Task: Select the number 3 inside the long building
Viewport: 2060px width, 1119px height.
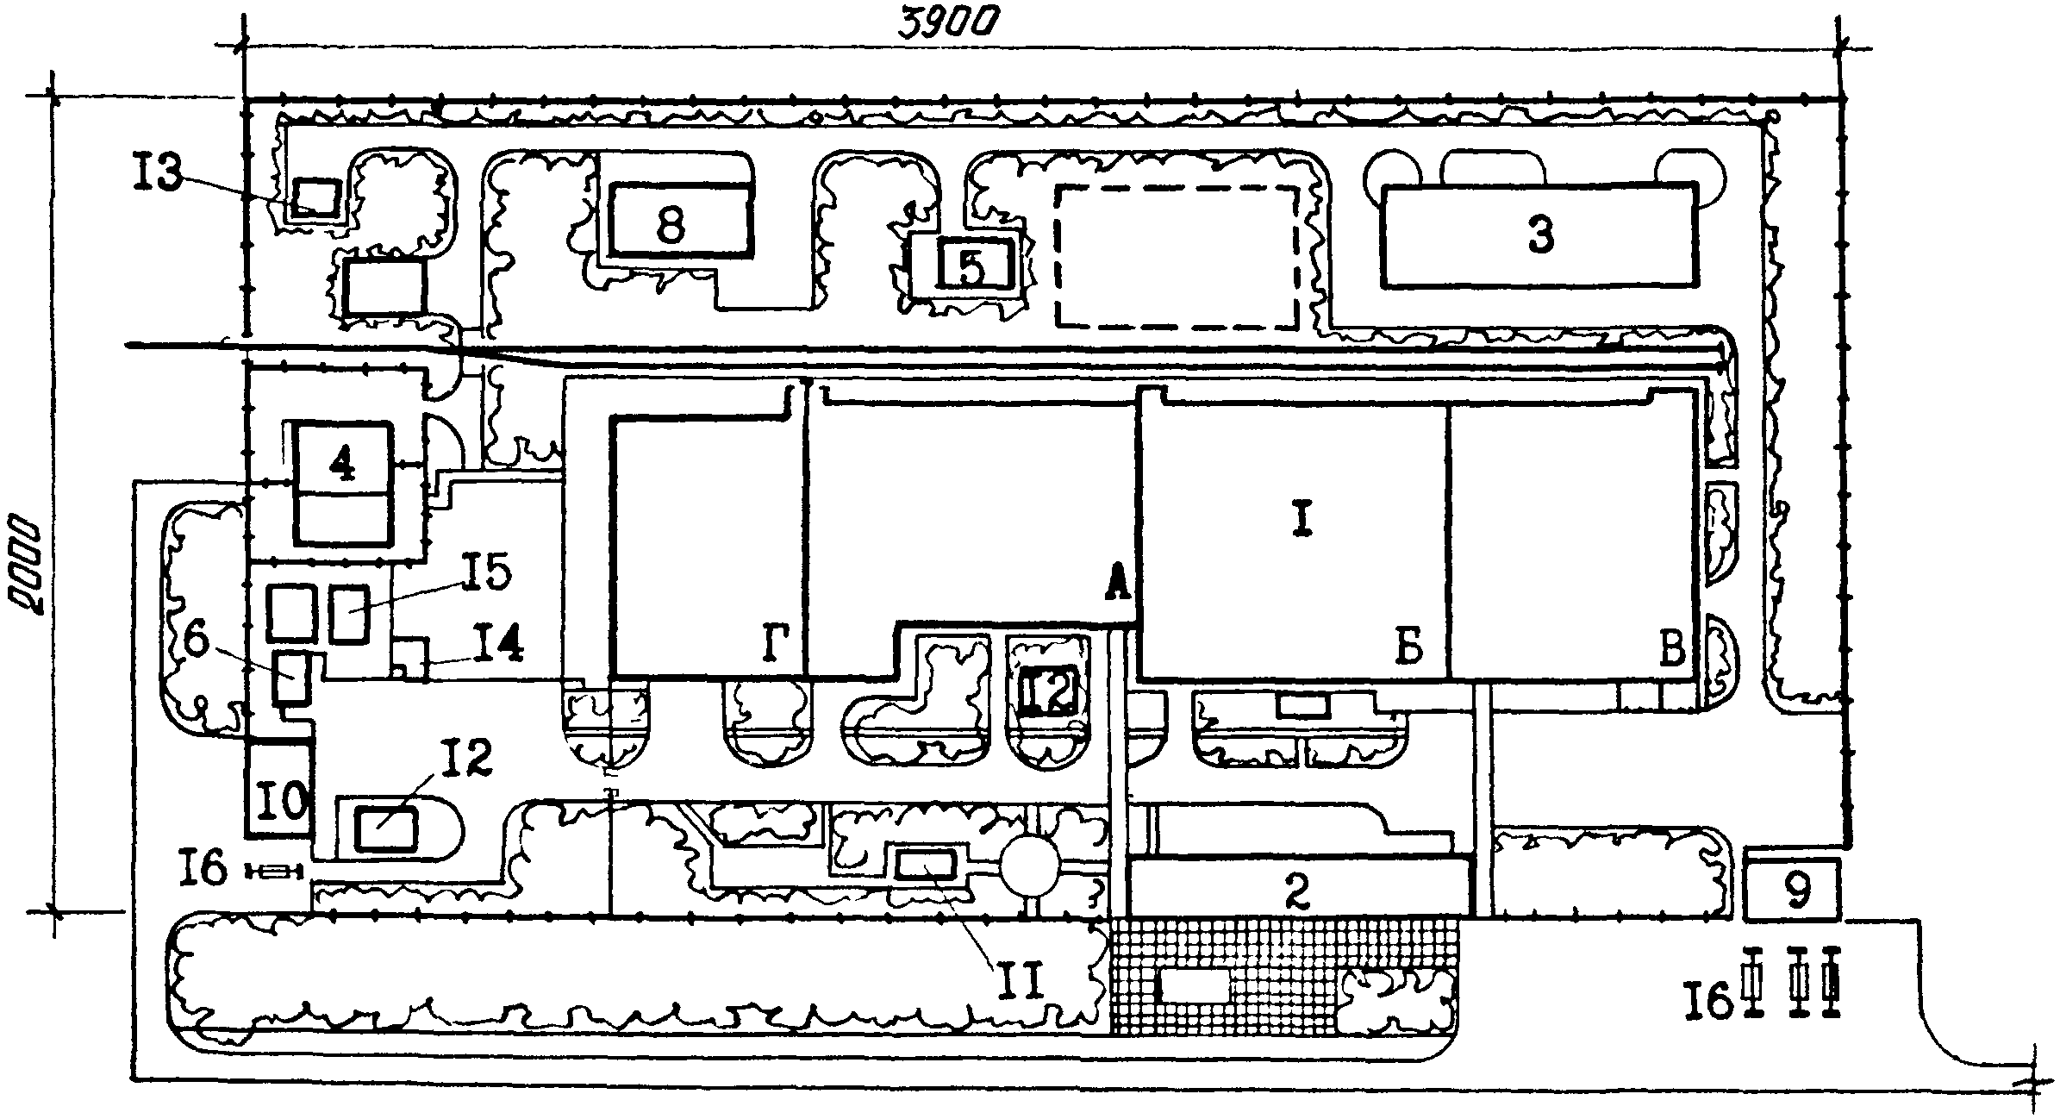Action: (x=1540, y=235)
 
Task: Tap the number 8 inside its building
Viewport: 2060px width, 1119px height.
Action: (x=670, y=227)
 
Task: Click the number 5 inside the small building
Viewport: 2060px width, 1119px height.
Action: (x=971, y=268)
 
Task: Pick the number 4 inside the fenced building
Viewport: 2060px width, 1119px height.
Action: (x=342, y=466)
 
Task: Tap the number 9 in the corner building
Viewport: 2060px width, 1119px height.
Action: (x=1796, y=892)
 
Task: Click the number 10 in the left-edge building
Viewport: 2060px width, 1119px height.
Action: (x=281, y=803)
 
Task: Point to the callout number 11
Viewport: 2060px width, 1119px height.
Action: (x=1022, y=979)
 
